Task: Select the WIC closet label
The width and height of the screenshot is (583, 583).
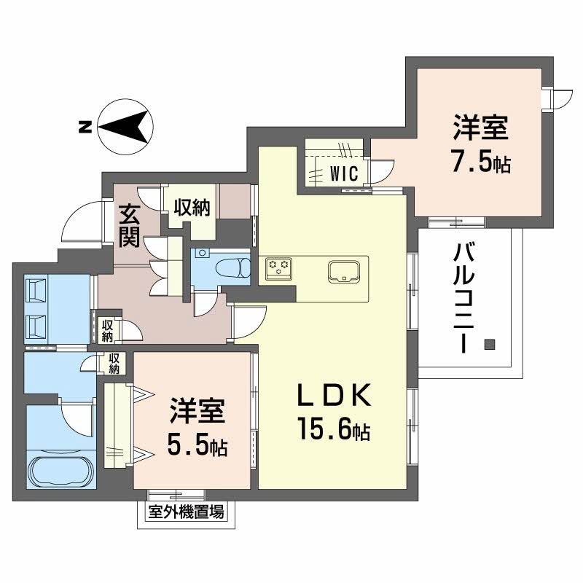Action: pos(342,174)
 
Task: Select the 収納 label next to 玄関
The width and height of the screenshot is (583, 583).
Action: pos(192,208)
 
